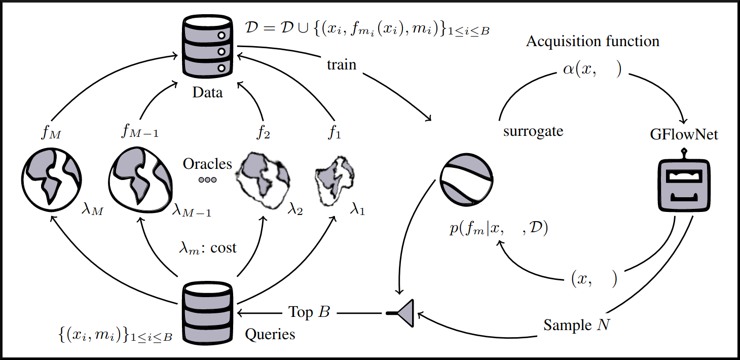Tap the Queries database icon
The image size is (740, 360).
(x=207, y=313)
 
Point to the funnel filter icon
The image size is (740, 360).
(x=402, y=313)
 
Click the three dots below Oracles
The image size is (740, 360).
(x=207, y=180)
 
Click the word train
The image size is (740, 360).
(x=342, y=65)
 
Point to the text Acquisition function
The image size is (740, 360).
(x=593, y=41)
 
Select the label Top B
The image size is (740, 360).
(x=309, y=312)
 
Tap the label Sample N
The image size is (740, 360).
(x=577, y=325)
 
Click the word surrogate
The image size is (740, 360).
(x=533, y=131)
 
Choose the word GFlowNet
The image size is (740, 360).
(x=684, y=135)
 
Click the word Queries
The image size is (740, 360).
(x=270, y=334)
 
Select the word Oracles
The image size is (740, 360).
(x=207, y=164)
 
